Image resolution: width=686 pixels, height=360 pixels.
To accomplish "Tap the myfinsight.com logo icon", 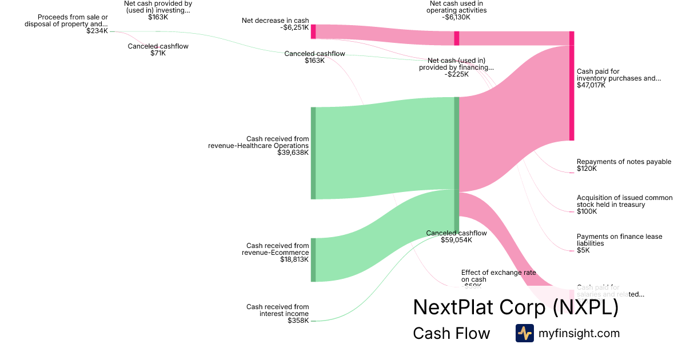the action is pyautogui.click(x=524, y=333).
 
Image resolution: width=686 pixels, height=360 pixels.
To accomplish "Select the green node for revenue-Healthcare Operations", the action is pyautogui.click(x=313, y=153).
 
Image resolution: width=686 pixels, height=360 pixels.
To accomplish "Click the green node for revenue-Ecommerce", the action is pyautogui.click(x=313, y=260).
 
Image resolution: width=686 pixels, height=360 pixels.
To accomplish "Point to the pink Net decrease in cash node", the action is pyautogui.click(x=313, y=31).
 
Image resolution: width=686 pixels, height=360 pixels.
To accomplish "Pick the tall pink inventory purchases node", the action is pyautogui.click(x=572, y=86).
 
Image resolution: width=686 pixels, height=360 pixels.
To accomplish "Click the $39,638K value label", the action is pyautogui.click(x=293, y=153).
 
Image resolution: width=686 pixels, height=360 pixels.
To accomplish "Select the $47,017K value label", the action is pyautogui.click(x=591, y=85).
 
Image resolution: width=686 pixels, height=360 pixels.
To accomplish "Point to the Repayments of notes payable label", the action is pyautogui.click(x=624, y=162).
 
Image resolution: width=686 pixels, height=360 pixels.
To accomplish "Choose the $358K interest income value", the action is pyautogui.click(x=298, y=321).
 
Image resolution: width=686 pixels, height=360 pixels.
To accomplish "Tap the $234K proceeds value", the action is pyautogui.click(x=97, y=31).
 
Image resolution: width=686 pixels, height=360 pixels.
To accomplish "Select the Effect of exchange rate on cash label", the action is pyautogui.click(x=498, y=276).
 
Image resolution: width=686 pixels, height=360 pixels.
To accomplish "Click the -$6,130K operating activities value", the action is pyautogui.click(x=456, y=17).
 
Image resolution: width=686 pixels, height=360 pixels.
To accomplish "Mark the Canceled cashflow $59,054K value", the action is pyautogui.click(x=456, y=240).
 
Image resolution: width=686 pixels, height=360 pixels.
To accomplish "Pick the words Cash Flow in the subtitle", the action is pyautogui.click(x=451, y=334).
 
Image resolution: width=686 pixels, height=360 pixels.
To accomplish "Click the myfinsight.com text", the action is pyautogui.click(x=579, y=333).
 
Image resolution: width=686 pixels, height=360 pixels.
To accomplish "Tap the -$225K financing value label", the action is pyautogui.click(x=456, y=74).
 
